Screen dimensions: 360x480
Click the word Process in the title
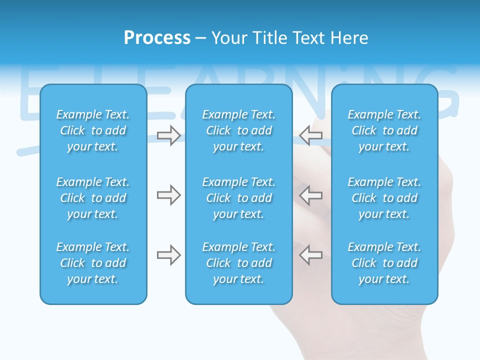157,38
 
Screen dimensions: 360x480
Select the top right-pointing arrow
168,135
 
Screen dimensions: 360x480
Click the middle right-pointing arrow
168,195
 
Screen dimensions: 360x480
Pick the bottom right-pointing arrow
168,255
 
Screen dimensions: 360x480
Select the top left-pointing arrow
310,135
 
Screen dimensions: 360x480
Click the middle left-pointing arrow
310,195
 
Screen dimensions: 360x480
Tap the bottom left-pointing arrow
310,255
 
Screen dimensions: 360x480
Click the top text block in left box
93,130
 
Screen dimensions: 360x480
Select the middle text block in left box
93,198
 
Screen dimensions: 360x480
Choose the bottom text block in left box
93,263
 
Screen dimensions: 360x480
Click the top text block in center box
238,130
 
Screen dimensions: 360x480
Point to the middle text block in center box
238,198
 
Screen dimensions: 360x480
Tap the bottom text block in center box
238,263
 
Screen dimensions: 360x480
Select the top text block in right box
384,130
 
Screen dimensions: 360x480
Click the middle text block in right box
384,198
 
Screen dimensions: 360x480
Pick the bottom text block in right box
384,263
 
